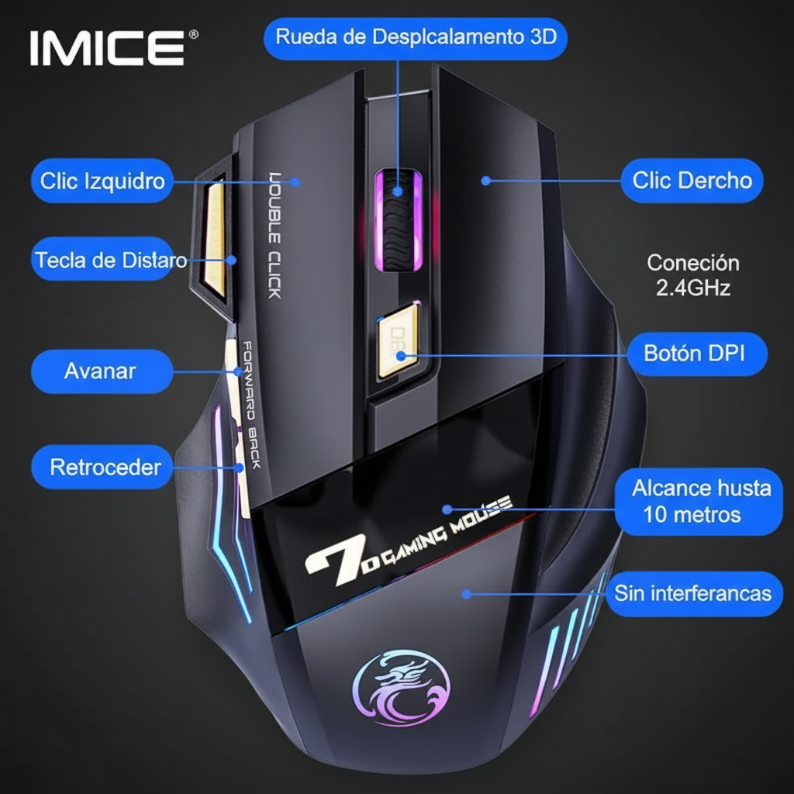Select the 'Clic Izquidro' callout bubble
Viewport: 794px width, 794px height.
102,181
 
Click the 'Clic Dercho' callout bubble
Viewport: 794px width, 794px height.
692,181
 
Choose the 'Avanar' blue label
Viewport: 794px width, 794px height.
102,371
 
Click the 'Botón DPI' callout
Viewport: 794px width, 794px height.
697,354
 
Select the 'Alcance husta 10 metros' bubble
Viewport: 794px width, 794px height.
699,502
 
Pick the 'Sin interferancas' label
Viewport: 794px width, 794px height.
694,593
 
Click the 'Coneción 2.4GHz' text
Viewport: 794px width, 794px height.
692,275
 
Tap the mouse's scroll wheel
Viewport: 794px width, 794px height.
398,220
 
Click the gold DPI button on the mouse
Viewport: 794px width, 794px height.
399,340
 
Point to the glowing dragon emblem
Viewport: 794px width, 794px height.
401,689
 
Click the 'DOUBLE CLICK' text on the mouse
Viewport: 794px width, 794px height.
274,236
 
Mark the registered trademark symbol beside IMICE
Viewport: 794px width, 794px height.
193,34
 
